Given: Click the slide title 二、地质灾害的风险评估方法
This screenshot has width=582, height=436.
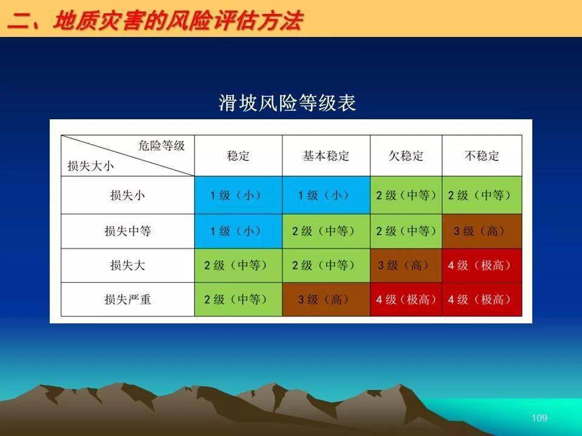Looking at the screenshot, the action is (x=155, y=21).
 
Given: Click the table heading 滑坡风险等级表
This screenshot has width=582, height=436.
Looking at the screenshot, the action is (x=287, y=103).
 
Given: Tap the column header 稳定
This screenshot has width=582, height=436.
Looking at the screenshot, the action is (x=238, y=156).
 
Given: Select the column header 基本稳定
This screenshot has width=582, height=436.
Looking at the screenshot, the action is (x=326, y=156).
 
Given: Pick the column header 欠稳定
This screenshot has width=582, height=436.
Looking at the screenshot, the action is (x=406, y=156).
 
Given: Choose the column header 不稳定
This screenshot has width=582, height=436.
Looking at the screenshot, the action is (x=482, y=156).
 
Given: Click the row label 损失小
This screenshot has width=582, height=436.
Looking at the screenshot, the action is (x=127, y=195).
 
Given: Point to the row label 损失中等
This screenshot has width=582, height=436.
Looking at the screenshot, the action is (x=127, y=231).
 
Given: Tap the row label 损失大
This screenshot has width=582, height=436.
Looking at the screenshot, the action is (x=127, y=265).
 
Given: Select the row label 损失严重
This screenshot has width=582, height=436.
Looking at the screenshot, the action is (x=127, y=299).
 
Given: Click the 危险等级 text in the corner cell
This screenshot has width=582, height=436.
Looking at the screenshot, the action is (x=161, y=146).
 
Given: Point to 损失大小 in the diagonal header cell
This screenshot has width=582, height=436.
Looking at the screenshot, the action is (x=90, y=166).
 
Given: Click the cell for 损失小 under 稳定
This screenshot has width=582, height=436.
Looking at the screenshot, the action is (x=238, y=195).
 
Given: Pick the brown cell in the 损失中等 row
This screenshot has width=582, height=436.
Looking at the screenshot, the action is (x=482, y=231).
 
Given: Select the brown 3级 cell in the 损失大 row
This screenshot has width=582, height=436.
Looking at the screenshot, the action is (x=406, y=265).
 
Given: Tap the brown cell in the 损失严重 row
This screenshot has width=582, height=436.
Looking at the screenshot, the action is (x=326, y=299).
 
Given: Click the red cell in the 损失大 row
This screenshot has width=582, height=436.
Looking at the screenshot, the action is (x=482, y=265).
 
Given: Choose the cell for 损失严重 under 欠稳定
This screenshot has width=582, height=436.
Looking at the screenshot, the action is (x=406, y=299).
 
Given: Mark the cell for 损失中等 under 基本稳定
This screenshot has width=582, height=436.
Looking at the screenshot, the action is (x=326, y=231).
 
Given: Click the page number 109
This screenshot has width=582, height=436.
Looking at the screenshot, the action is (x=540, y=418).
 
